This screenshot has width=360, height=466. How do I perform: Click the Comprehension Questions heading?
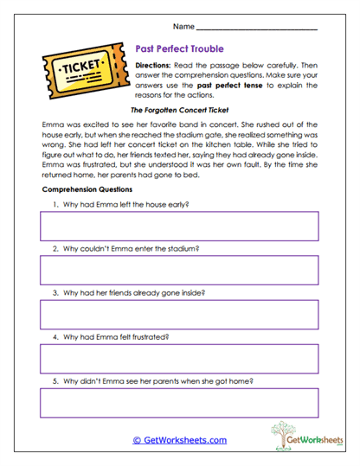tap(87, 188)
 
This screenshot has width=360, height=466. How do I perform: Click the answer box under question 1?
tap(179, 227)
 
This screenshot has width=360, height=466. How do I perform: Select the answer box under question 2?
tap(179, 271)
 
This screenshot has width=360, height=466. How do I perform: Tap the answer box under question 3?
tap(179, 315)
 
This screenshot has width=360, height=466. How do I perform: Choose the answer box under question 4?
tap(179, 359)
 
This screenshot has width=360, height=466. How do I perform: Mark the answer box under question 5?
tap(179, 403)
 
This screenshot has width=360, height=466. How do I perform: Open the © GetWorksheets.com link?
tap(179, 440)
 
